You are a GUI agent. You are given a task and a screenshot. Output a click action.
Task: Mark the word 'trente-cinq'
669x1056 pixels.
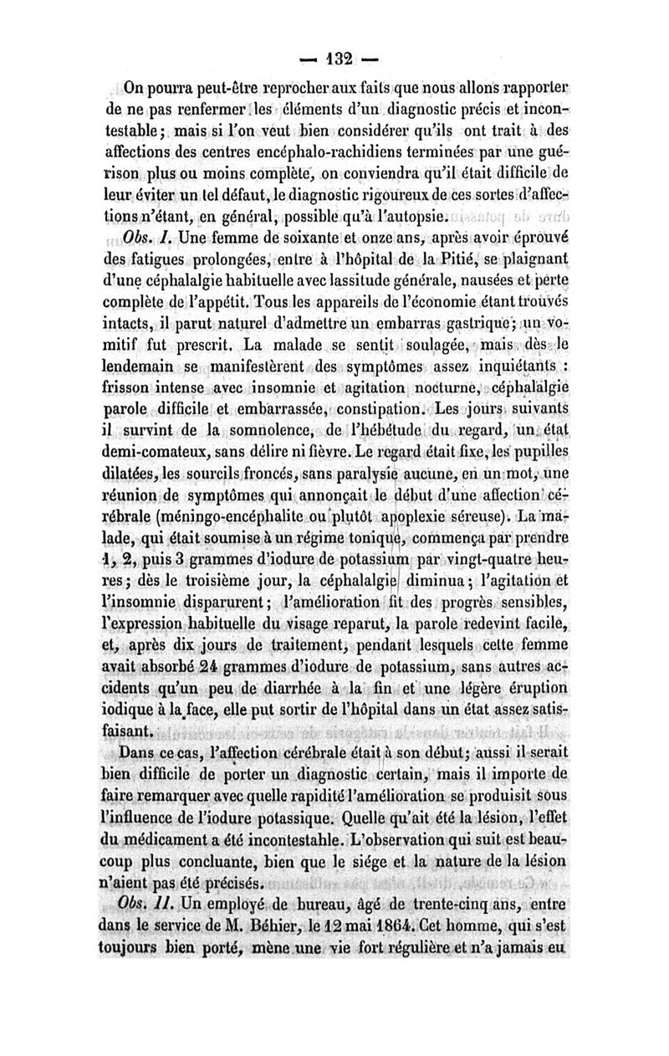click(x=409, y=905)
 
